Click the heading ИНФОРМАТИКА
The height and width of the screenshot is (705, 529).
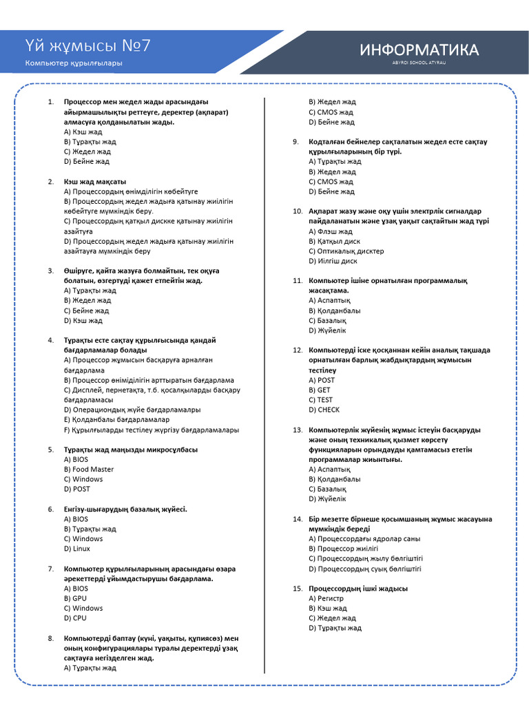click(x=419, y=50)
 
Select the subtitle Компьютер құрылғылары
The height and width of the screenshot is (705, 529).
click(x=74, y=63)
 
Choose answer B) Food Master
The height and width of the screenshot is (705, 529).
click(x=89, y=470)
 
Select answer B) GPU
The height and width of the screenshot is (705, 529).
click(x=75, y=598)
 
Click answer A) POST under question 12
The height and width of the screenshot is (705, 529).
click(x=322, y=380)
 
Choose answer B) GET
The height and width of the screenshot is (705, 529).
click(x=320, y=390)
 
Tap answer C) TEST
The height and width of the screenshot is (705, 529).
click(x=320, y=399)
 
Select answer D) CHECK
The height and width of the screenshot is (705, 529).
click(x=324, y=410)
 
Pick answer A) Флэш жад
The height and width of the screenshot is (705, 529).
click(x=331, y=231)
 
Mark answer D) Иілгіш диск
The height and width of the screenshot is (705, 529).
click(x=333, y=261)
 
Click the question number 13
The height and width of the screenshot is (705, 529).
click(x=298, y=430)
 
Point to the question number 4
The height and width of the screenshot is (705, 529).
click(x=51, y=340)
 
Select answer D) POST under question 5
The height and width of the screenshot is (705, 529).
click(x=76, y=489)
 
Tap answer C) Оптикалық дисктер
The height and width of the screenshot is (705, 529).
click(x=346, y=251)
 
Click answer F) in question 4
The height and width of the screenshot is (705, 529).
click(x=152, y=430)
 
